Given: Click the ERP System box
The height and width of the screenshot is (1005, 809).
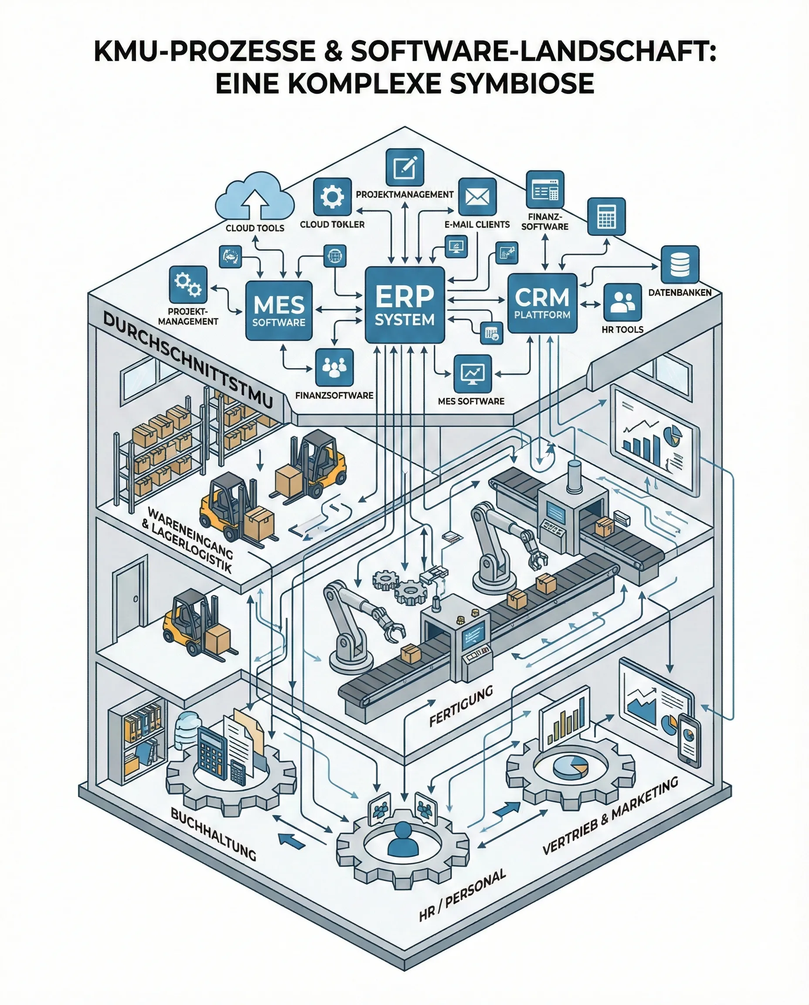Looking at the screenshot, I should pos(404,305).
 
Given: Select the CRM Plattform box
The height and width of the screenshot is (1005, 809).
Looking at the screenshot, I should pos(542,303).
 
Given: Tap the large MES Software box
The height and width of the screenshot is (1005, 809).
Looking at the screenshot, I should pos(279,310).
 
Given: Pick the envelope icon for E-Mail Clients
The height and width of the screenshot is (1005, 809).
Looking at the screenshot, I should pos(477,197).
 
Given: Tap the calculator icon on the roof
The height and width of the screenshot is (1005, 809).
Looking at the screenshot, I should pos(606,216).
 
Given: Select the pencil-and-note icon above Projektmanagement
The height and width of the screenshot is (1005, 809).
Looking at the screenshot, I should pos(405,167).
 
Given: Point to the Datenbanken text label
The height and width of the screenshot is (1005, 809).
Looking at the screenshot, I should pos(680,292).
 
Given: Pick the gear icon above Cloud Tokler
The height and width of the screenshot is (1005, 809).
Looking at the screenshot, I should pos(332,197).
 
